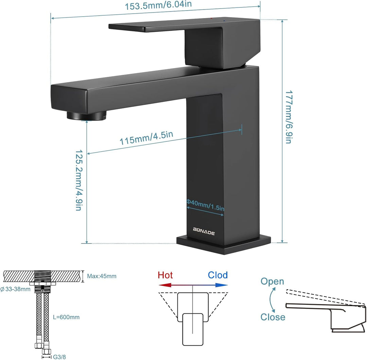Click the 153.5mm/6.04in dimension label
pos(158,5)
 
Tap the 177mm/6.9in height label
pos(289,117)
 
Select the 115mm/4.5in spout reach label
pos(146,138)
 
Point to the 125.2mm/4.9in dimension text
pos(79,180)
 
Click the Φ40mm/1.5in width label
pos(205,205)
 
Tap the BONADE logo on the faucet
pos(204,231)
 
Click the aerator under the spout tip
pos(86,116)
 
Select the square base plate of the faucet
pos(224,245)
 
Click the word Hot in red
pos(165,275)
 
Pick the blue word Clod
pos(218,275)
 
